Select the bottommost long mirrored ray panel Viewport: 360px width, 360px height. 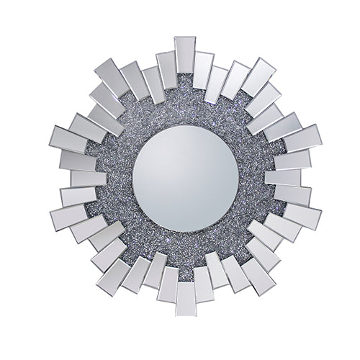[x=186, y=297]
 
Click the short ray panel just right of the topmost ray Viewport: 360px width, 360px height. [x=203, y=71]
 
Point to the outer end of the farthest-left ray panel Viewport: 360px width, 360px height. [x=53, y=137]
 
